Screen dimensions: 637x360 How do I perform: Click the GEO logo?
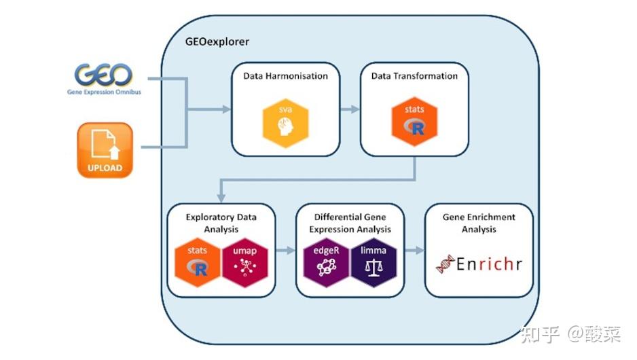point(104,79)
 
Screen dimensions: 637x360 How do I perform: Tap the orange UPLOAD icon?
point(105,150)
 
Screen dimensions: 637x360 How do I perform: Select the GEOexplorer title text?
point(217,42)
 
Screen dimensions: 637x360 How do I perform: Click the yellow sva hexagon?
point(285,123)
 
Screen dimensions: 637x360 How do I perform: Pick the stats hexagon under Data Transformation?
point(414,122)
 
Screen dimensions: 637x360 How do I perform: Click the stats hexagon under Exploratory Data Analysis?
point(198,263)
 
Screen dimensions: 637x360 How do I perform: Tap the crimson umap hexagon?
point(244,263)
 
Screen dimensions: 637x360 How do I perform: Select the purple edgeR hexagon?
point(326,263)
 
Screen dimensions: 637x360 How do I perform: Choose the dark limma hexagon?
point(374,263)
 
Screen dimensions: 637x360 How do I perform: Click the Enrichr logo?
point(479,264)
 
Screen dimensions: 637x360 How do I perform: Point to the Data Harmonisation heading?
point(286,76)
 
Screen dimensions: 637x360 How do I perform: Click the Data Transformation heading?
point(414,76)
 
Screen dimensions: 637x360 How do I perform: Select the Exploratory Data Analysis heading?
point(221,223)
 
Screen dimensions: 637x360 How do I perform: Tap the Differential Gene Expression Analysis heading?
point(350,223)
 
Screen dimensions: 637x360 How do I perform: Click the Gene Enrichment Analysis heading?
point(479,223)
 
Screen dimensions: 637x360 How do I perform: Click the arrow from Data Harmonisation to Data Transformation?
point(350,109)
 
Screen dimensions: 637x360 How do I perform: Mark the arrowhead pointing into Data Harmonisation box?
point(226,109)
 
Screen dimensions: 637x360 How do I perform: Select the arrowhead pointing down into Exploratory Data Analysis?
point(221,198)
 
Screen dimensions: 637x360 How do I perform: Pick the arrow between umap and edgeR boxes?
point(286,251)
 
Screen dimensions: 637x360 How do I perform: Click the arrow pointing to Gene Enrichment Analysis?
point(414,251)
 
